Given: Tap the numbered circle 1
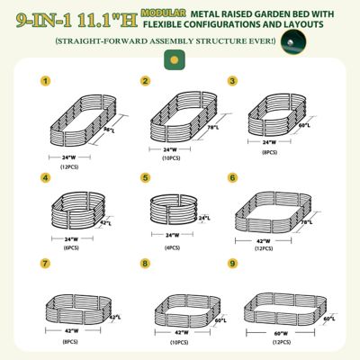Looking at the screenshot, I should tap(44, 81).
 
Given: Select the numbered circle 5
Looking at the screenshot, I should tap(145, 178).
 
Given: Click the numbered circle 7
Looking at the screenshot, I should tap(44, 265).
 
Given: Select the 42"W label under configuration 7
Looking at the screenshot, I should tap(72, 331).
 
